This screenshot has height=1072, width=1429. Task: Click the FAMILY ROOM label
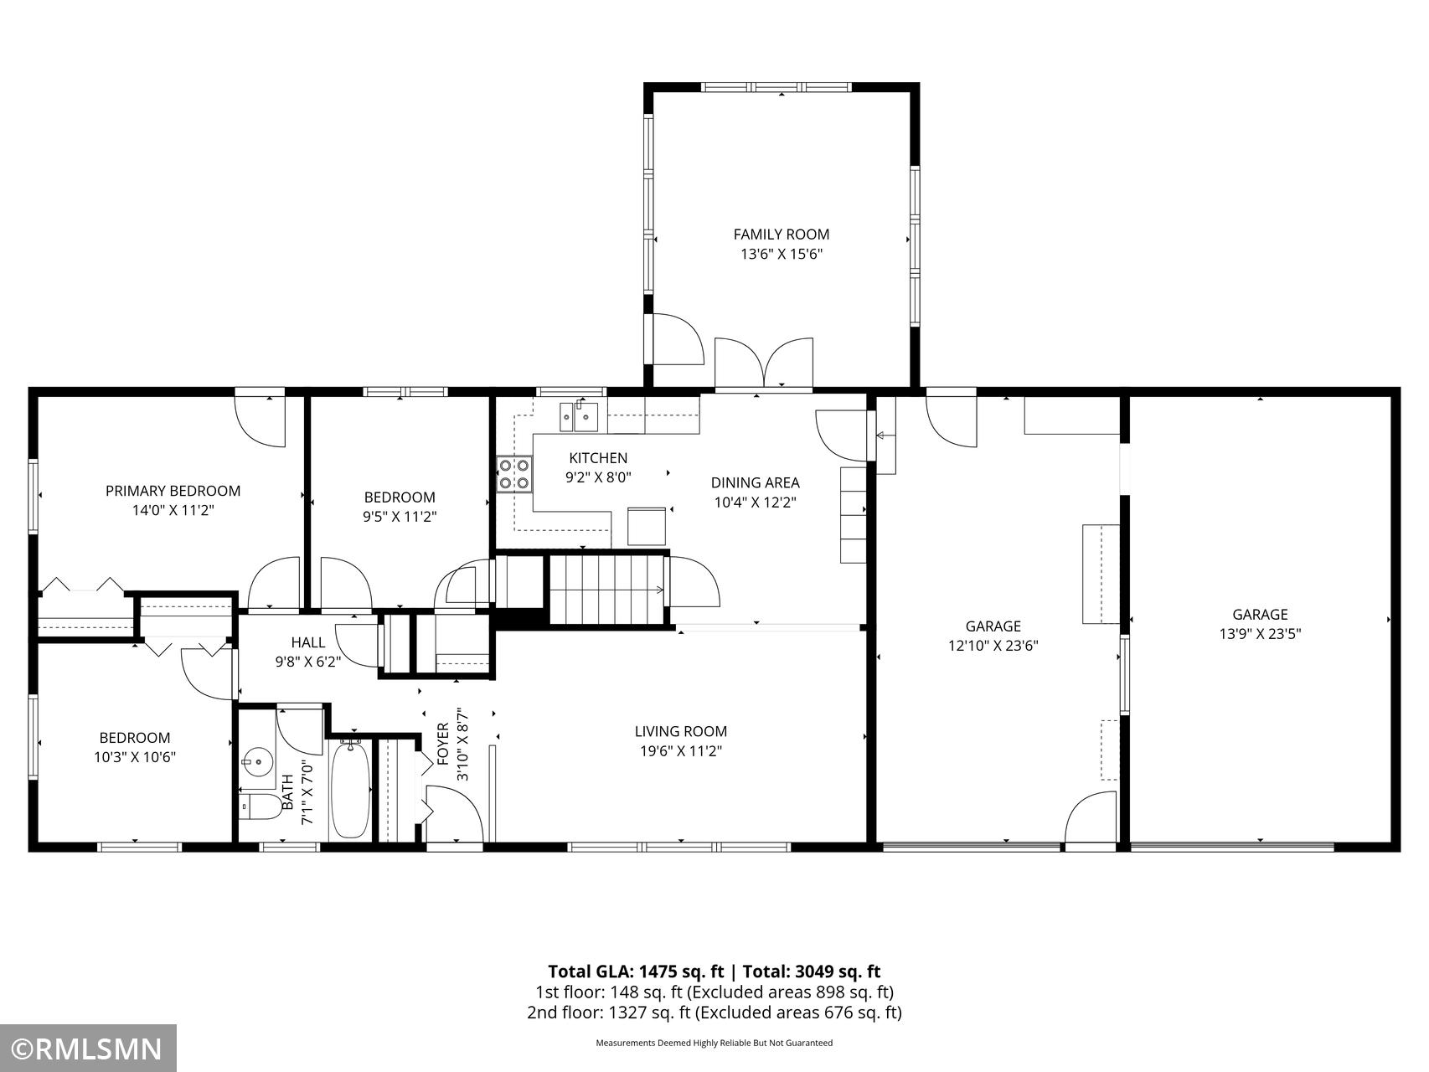click(x=782, y=234)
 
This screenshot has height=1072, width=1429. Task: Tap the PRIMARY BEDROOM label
click(x=173, y=491)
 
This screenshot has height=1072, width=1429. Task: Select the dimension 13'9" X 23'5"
click(x=1260, y=634)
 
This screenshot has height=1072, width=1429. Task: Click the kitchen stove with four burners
click(x=514, y=474)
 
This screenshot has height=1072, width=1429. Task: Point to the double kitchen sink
click(x=579, y=415)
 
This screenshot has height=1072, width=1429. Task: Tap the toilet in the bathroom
click(x=261, y=808)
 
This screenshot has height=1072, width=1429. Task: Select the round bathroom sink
click(x=257, y=762)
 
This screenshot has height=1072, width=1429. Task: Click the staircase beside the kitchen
click(x=608, y=589)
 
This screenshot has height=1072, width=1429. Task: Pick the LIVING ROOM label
click(x=680, y=731)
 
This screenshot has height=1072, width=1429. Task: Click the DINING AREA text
click(x=755, y=482)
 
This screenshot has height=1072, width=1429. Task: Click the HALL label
click(x=307, y=642)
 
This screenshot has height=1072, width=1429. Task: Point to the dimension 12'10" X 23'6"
click(x=993, y=646)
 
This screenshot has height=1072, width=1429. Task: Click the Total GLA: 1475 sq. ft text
click(x=636, y=971)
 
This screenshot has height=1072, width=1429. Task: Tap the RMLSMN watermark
click(x=88, y=1049)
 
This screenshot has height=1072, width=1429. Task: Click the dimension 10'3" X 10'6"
click(x=134, y=757)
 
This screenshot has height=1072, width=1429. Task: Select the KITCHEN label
click(x=598, y=458)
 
